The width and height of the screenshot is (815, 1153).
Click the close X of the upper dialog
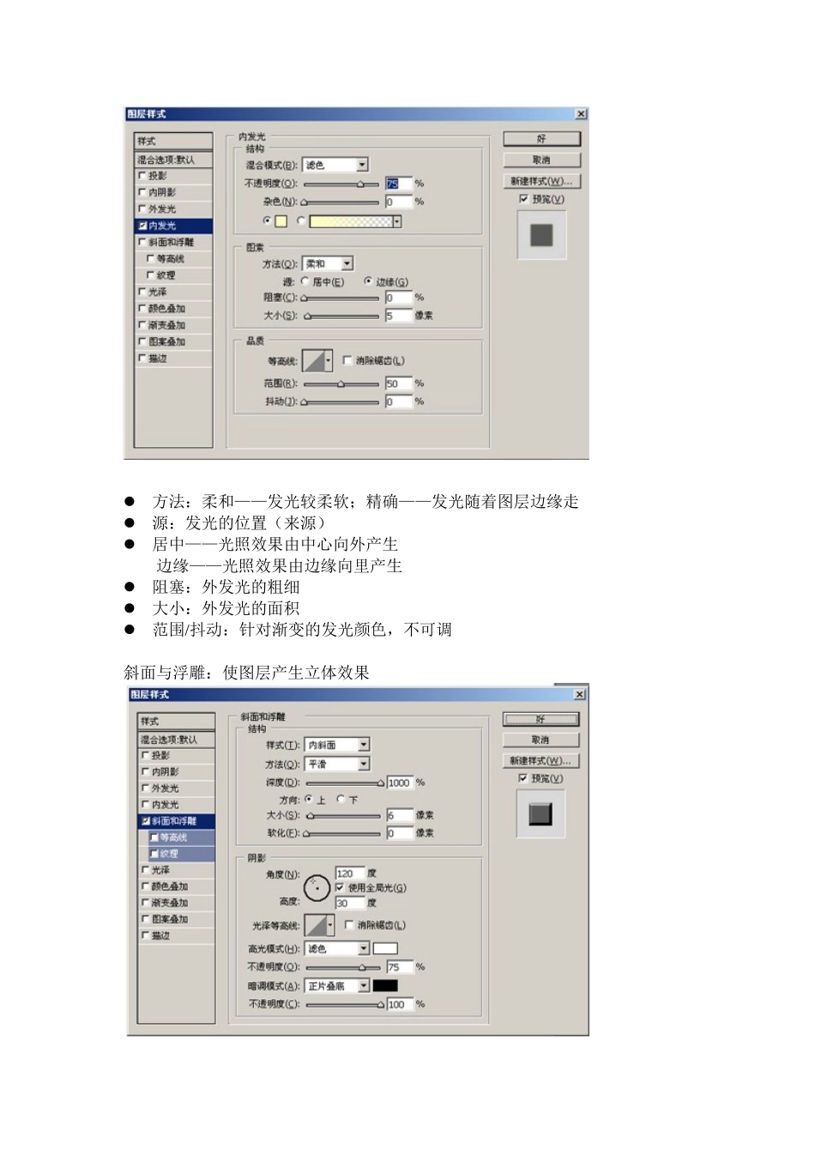[x=581, y=114]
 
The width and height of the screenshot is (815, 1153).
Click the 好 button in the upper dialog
[x=541, y=139]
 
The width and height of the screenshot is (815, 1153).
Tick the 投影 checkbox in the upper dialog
[x=142, y=176]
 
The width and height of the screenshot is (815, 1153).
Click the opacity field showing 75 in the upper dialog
[x=397, y=184]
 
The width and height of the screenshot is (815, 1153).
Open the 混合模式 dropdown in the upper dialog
[x=362, y=165]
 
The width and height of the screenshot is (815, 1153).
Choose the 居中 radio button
[x=305, y=281]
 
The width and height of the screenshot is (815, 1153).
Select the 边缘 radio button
[x=368, y=281]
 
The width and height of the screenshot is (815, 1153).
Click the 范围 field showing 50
[x=397, y=383]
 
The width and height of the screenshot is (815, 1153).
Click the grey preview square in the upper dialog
[x=541, y=235]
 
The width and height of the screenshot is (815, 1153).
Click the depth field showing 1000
[x=399, y=782]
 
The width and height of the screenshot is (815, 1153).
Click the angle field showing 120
[x=348, y=873]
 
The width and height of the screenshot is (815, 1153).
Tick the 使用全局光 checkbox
[x=341, y=887]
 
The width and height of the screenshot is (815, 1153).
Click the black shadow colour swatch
[x=385, y=986]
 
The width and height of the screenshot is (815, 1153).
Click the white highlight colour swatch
[x=385, y=949]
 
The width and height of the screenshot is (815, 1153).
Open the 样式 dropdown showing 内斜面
[x=364, y=745]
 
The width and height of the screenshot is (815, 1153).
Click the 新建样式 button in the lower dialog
[x=540, y=761]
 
